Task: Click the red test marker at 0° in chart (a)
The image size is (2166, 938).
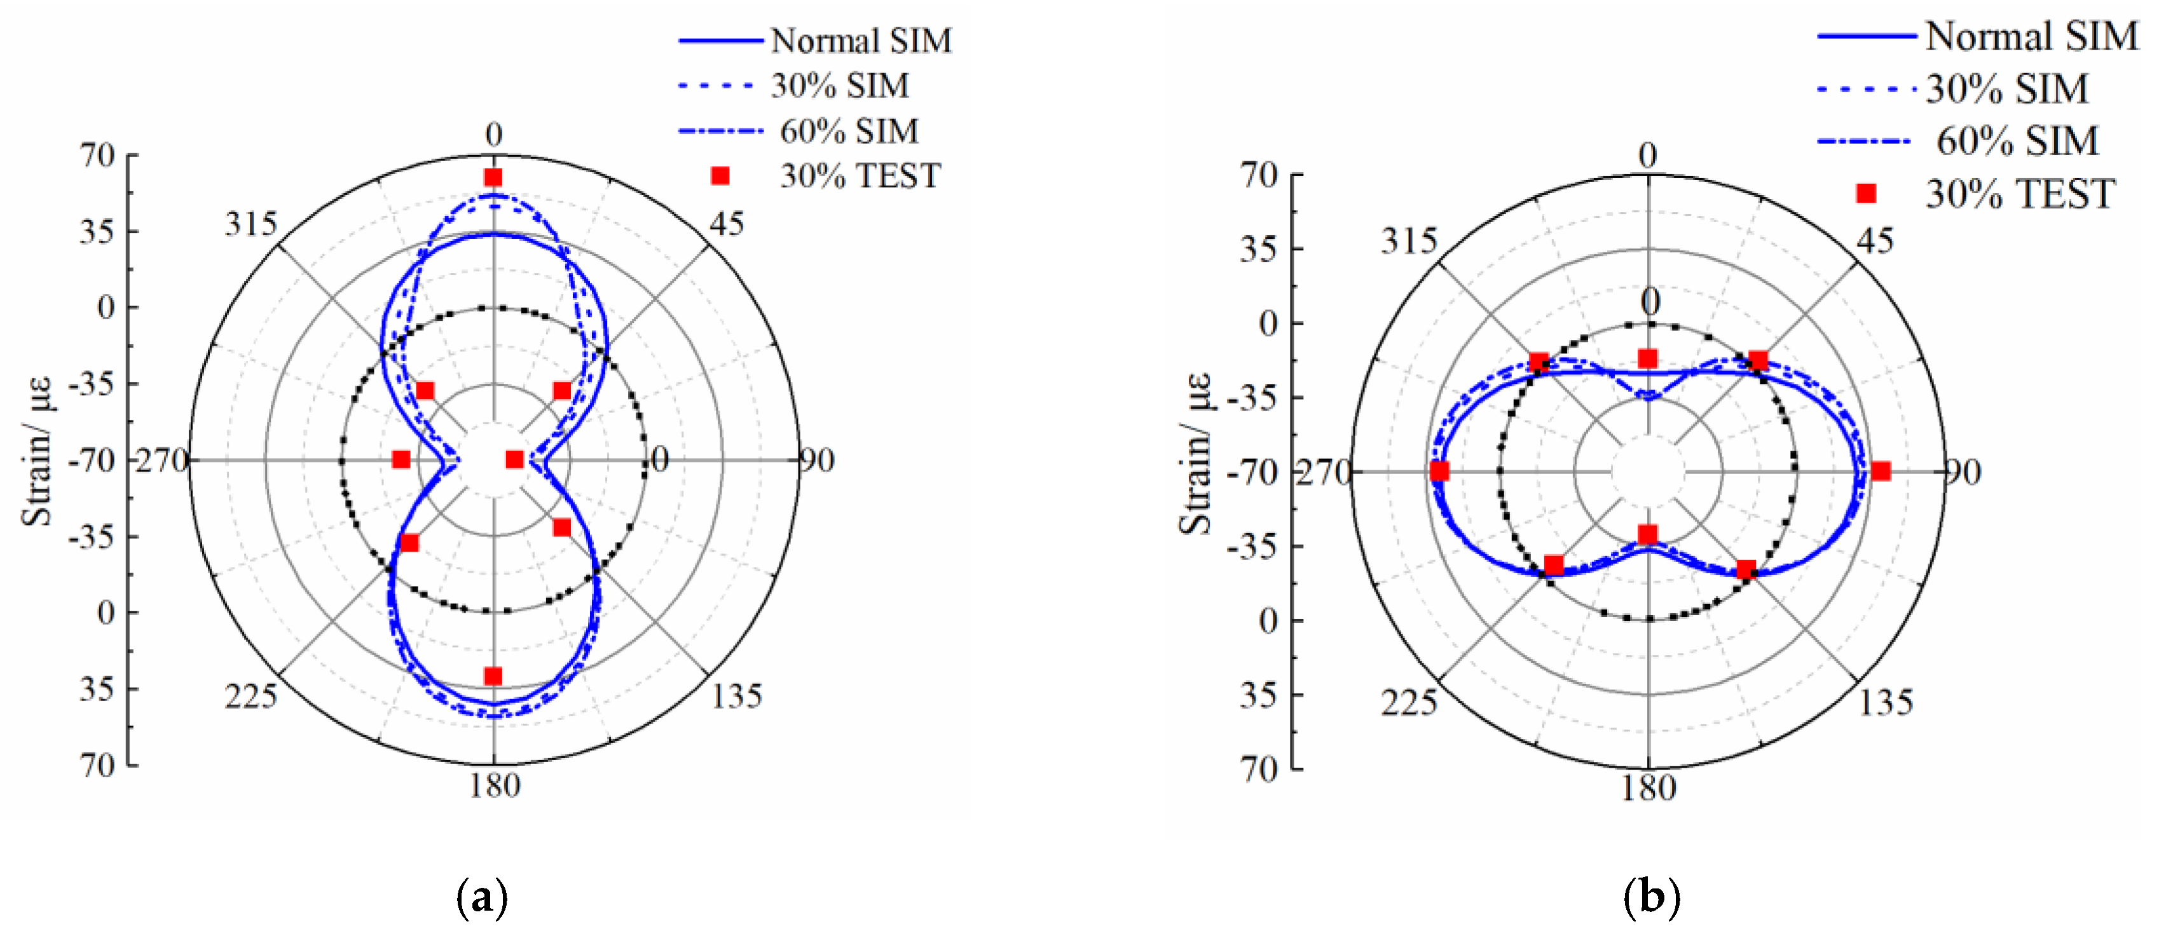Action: point(493,177)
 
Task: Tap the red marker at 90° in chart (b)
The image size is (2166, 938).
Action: point(1881,472)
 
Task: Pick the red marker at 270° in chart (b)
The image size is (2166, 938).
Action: point(1439,472)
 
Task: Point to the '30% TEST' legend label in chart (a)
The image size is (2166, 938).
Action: point(860,175)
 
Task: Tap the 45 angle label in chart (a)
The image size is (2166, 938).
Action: point(727,224)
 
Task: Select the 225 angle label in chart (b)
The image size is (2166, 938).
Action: point(1408,703)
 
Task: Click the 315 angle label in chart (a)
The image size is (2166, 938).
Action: point(250,224)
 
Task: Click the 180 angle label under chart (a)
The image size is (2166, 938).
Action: point(495,786)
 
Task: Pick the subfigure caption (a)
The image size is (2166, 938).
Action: point(482,899)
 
